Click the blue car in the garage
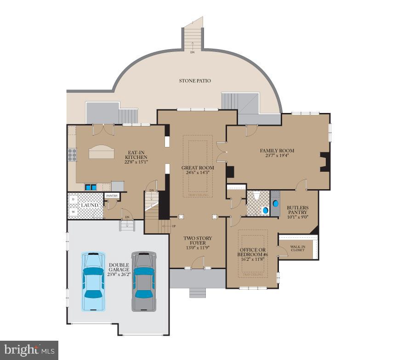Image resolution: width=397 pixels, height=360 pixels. click(93, 281)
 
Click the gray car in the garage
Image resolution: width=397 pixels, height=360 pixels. click(144, 281)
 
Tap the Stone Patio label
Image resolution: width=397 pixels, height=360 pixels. click(195, 81)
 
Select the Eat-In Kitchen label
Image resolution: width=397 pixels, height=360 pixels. click(136, 154)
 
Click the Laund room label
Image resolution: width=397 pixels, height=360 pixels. click(89, 205)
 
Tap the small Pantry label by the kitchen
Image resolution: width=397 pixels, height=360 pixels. click(112, 196)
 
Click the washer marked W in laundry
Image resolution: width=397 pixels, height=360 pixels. click(73, 212)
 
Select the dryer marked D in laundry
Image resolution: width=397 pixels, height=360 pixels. click(73, 199)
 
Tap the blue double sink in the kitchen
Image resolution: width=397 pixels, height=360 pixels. click(90, 187)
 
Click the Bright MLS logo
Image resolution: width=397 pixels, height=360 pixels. click(29, 350)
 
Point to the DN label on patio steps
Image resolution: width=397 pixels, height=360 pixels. click(193, 52)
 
